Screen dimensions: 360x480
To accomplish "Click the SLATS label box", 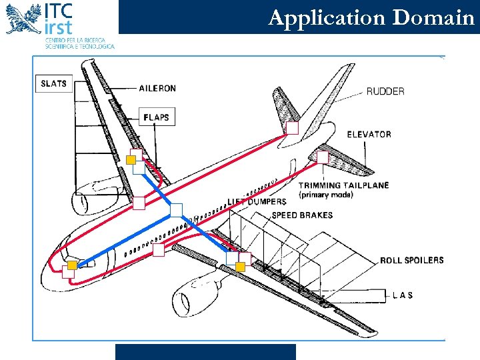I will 53,83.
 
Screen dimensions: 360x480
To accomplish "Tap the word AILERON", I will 157,88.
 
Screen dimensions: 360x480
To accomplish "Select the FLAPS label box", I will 157,117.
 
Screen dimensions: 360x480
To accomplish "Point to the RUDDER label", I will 385,91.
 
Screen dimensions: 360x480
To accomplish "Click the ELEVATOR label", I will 369,134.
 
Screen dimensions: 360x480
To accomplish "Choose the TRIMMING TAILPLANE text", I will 343,185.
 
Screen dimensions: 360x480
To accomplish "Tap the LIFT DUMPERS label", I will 257,201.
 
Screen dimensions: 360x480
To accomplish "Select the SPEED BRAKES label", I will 302,215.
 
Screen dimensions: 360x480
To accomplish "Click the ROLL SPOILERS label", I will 411,260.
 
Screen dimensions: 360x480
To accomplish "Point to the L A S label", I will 402,295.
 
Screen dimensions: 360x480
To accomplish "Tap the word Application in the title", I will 327,18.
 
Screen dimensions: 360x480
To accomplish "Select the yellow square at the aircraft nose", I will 73,265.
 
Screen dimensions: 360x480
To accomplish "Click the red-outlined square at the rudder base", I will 292,128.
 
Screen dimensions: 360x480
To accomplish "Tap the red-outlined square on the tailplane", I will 323,158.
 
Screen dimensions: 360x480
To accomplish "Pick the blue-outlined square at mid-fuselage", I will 176,210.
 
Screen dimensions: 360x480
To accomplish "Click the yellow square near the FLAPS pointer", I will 131,159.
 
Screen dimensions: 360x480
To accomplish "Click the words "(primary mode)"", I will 326,195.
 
